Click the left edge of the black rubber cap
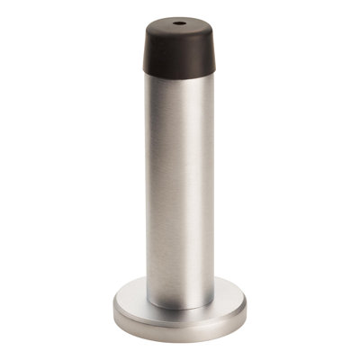(x=138, y=54)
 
